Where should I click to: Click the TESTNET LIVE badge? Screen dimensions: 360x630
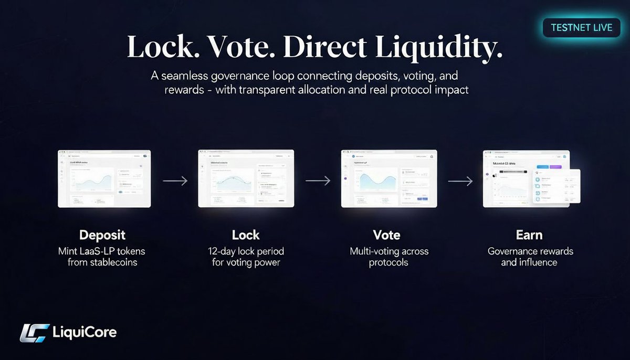pyautogui.click(x=581, y=27)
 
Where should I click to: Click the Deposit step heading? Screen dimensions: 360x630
pyautogui.click(x=102, y=235)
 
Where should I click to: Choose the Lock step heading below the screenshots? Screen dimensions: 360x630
pyautogui.click(x=246, y=235)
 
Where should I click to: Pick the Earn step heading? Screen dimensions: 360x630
pyautogui.click(x=529, y=235)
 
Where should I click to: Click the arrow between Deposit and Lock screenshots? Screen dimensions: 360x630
pyautogui.click(x=175, y=181)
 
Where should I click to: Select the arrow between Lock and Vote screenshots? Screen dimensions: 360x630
pyautogui.click(x=318, y=181)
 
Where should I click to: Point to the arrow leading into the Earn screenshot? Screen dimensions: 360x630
pyautogui.click(x=460, y=181)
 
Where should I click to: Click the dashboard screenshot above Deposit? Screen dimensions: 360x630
pyautogui.click(x=104, y=178)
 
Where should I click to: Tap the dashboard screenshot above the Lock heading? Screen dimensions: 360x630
pyautogui.click(x=246, y=178)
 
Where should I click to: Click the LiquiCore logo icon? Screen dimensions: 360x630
pyautogui.click(x=34, y=333)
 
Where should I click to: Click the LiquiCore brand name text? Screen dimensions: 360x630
pyautogui.click(x=85, y=332)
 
